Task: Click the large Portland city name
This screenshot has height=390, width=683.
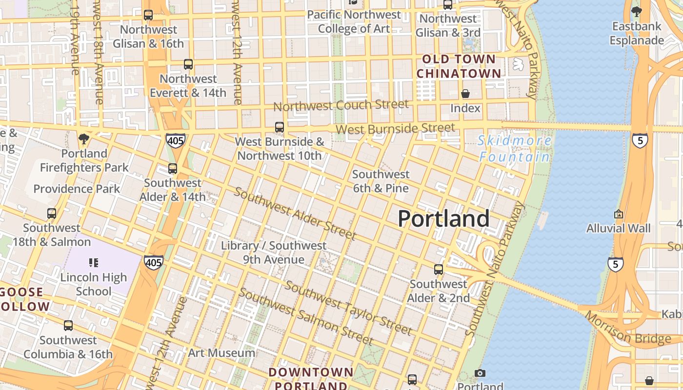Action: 443,218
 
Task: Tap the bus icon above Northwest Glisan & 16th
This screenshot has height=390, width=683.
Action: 148,15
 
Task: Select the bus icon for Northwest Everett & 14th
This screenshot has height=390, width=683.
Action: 188,64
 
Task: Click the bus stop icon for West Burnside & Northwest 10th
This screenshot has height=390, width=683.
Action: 280,127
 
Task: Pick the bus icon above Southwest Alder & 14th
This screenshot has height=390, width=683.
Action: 173,169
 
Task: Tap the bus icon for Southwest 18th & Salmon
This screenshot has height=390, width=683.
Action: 52,214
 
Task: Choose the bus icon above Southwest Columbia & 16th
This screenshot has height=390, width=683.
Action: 68,326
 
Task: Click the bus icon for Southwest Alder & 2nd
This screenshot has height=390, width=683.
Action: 439,270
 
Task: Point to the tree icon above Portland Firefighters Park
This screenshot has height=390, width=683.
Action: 84,139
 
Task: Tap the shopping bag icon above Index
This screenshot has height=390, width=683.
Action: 465,94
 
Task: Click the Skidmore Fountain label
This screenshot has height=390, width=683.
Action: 515,149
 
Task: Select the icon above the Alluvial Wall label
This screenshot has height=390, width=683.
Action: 619,214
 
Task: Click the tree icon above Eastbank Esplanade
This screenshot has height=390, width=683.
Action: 636,11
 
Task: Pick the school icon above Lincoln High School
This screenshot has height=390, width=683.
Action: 94,263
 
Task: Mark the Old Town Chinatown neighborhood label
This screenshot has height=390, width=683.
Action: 459,67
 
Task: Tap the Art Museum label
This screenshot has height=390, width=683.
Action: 221,352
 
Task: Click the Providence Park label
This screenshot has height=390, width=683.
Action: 77,189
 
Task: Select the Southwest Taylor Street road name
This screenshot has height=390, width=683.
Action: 348,308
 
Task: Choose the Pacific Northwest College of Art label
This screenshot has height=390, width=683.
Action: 354,22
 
